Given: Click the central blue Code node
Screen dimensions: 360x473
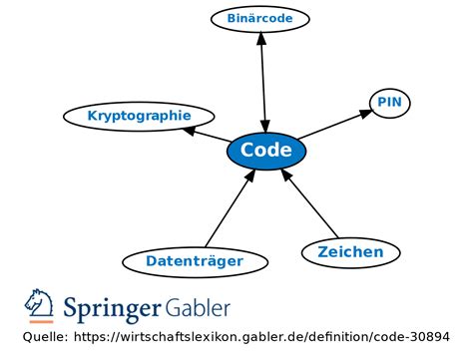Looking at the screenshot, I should click(266, 151).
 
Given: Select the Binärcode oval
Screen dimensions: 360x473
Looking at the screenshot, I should click(260, 18).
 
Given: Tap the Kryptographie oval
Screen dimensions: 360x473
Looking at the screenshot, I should click(139, 116).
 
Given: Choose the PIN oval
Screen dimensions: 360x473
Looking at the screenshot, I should click(390, 102).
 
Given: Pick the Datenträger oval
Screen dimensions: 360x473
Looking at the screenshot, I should click(195, 261).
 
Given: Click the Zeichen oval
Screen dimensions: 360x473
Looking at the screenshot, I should click(350, 251).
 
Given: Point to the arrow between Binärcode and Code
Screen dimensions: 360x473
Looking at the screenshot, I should click(262, 80).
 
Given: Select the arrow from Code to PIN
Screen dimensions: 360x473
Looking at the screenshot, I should click(334, 125).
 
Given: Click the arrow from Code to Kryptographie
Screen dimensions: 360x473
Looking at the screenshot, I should click(207, 135).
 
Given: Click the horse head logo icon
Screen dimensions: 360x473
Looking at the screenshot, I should click(40, 305).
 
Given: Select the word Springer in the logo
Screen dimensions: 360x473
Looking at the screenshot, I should click(113, 308).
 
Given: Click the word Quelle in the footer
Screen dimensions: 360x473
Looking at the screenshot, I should click(45, 337).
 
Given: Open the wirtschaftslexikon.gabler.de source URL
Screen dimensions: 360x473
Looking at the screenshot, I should click(259, 337).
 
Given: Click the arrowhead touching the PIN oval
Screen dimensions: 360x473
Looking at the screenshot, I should click(364, 113).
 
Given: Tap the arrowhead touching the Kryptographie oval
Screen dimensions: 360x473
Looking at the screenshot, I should click(191, 130).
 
